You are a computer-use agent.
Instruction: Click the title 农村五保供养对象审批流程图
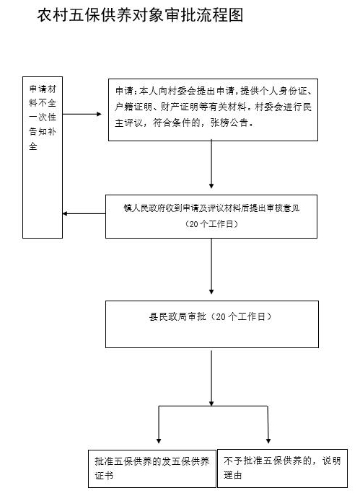pyautogui.click(x=141, y=15)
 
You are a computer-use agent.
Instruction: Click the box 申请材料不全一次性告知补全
pyautogui.click(x=43, y=157)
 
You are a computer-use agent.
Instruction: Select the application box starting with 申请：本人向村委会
pyautogui.click(x=213, y=110)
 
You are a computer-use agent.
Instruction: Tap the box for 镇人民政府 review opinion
pyautogui.click(x=211, y=216)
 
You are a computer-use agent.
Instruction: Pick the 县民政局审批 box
pyautogui.click(x=212, y=324)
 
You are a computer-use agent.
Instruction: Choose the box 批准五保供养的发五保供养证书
pyautogui.click(x=152, y=468)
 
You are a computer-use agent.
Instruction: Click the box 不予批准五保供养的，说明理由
pyautogui.click(x=282, y=468)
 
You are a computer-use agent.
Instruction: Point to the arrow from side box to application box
pyautogui.click(x=82, y=114)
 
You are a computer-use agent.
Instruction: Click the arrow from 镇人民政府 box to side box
pyautogui.click(x=84, y=214)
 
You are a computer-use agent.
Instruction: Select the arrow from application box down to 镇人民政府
pyautogui.click(x=211, y=164)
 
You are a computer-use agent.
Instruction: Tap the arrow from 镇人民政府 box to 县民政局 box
pyautogui.click(x=211, y=266)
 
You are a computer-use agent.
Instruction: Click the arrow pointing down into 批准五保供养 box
pyautogui.click(x=159, y=425)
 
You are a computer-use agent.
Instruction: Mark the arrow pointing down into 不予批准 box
pyautogui.click(x=268, y=425)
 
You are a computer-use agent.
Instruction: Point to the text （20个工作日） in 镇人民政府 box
pyautogui.click(x=211, y=224)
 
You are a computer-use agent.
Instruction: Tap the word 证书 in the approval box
pyautogui.click(x=104, y=476)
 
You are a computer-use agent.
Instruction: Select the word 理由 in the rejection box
pyautogui.click(x=233, y=475)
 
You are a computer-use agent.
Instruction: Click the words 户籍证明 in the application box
pyautogui.click(x=133, y=107)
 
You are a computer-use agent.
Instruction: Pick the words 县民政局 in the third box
pyautogui.click(x=168, y=316)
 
